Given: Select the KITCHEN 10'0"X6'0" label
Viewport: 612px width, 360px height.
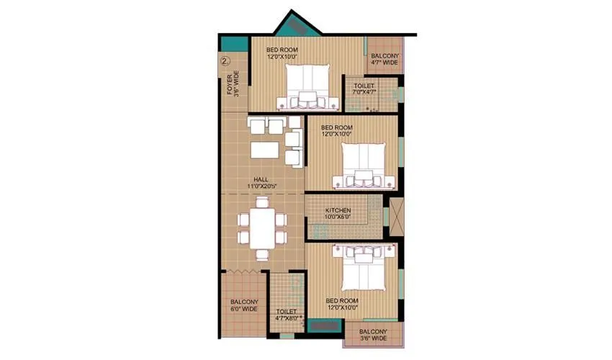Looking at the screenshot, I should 337,212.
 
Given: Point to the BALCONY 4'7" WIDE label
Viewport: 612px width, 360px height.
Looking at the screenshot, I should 383,59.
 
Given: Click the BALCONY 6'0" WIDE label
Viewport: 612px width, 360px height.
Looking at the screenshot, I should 244,305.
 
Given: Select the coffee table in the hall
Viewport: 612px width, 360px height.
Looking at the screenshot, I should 264,149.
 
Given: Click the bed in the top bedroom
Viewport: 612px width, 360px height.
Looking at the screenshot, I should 308,86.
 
